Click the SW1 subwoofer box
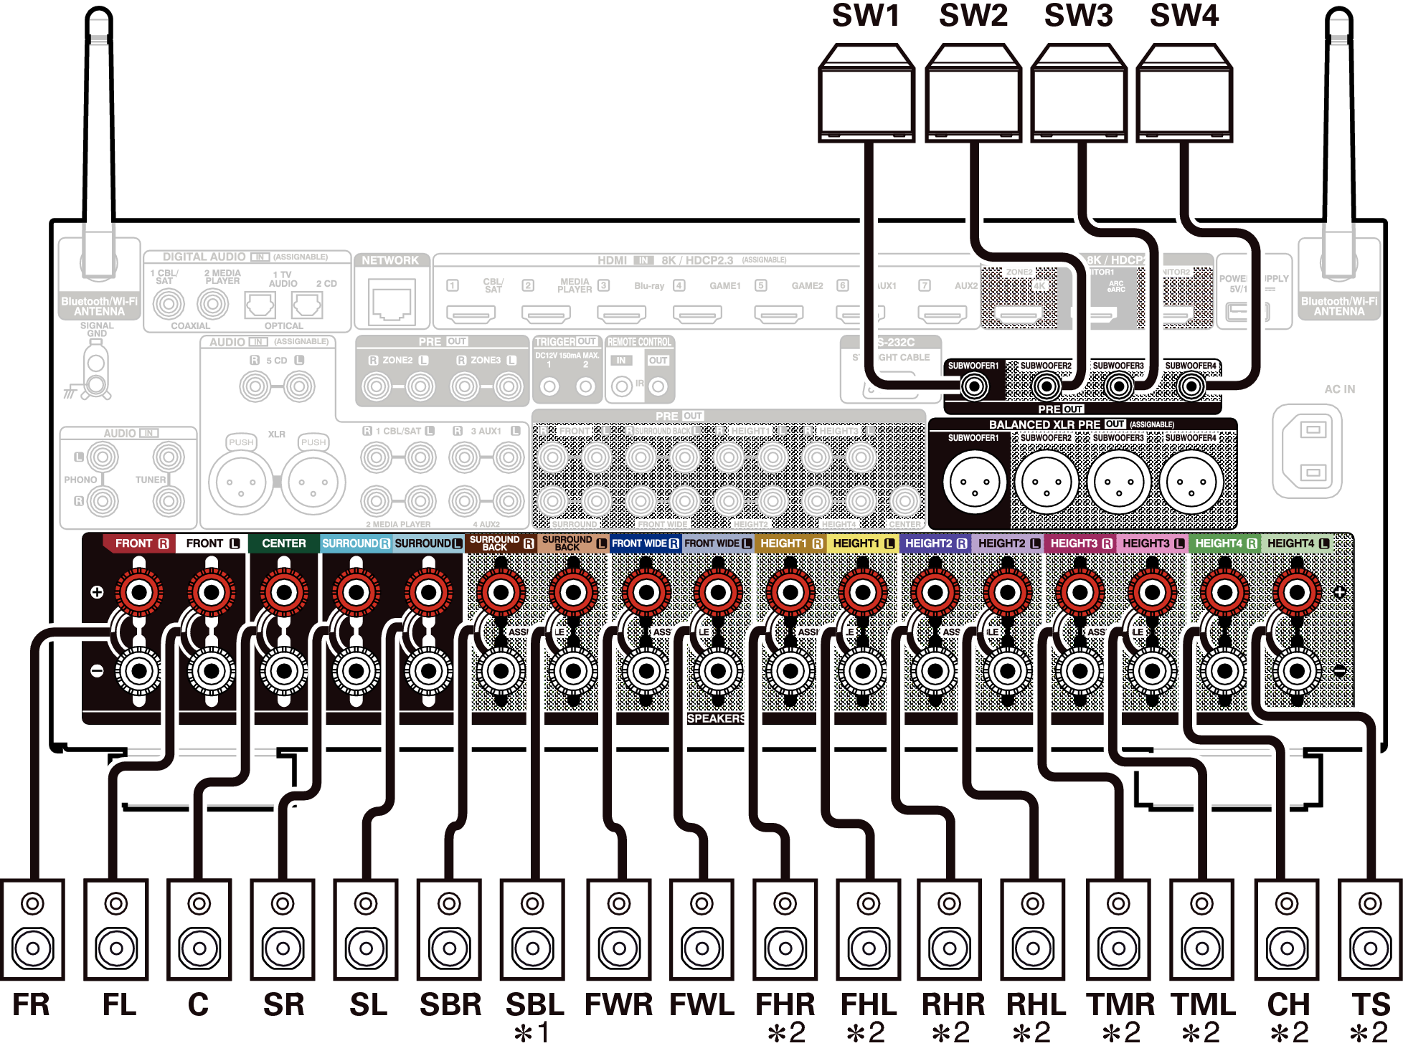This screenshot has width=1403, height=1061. click(x=866, y=93)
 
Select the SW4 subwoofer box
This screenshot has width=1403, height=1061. click(x=1184, y=93)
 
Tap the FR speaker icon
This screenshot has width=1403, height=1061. click(x=33, y=929)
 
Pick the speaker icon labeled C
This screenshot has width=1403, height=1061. click(x=199, y=929)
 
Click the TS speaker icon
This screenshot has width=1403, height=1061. click(x=1370, y=929)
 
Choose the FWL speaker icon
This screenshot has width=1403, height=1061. click(x=701, y=929)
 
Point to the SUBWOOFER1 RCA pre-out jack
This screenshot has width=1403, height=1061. click(x=973, y=387)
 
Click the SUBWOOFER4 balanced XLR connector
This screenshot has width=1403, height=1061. click(x=1191, y=482)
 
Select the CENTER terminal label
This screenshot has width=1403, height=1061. click(x=283, y=543)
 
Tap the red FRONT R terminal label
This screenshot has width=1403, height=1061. click(x=141, y=543)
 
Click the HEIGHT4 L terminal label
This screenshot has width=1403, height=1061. click(x=1298, y=543)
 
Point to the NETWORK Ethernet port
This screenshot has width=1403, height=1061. click(x=392, y=302)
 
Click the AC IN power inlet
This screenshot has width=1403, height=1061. click(x=1307, y=451)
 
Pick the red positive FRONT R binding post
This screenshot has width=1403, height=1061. click(x=139, y=592)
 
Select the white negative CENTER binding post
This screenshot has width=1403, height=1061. click(x=284, y=672)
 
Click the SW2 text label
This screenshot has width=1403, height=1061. click(x=973, y=16)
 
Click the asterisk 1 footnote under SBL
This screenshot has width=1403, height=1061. click(x=532, y=1033)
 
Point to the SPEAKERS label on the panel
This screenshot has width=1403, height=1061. click(x=716, y=718)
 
